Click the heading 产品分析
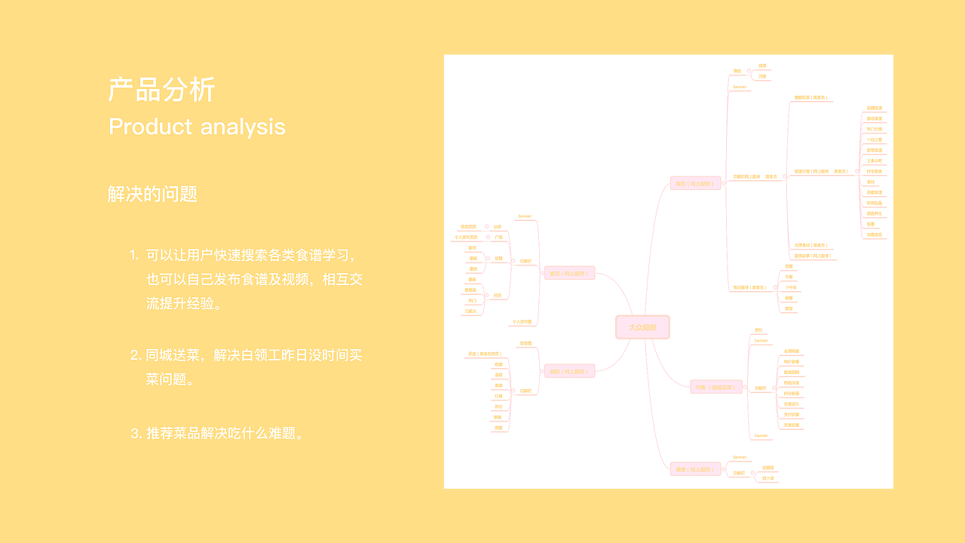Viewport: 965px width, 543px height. [x=162, y=90]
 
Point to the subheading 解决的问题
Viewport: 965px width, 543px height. [x=152, y=194]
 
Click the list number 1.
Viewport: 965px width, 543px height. [x=133, y=255]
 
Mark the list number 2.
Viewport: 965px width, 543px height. [x=136, y=355]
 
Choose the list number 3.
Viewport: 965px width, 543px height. [x=136, y=434]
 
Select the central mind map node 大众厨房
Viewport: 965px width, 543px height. [x=642, y=327]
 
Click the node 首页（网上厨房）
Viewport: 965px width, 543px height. [x=695, y=183]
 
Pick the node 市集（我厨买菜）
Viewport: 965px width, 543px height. [x=716, y=387]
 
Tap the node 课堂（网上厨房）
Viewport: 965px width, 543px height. [x=695, y=469]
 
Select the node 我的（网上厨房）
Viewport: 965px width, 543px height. [x=569, y=371]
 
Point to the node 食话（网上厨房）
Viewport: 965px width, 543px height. [x=569, y=273]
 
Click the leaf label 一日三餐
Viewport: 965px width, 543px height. [x=874, y=140]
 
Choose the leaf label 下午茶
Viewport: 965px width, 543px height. [x=790, y=287]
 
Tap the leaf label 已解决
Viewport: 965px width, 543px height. [x=471, y=311]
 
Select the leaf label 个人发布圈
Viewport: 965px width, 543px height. [x=522, y=322]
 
